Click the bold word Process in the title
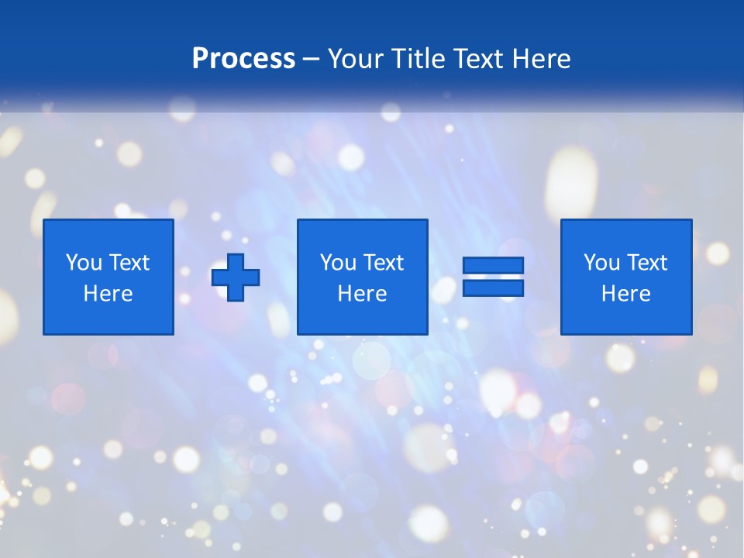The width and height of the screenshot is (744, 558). [x=243, y=59]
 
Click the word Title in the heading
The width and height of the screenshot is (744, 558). [x=421, y=59]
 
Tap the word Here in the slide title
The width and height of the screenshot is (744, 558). [x=541, y=59]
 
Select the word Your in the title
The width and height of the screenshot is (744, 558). [x=356, y=59]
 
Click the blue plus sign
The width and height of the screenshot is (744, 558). [x=236, y=277]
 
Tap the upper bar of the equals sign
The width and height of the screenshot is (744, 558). [x=493, y=266]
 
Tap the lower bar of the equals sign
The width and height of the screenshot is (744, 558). [x=493, y=288]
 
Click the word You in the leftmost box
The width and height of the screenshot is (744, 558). [x=84, y=263]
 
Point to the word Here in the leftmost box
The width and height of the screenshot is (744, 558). [x=108, y=294]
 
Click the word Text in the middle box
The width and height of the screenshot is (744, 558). [x=384, y=263]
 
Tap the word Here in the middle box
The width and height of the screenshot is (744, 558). [x=363, y=294]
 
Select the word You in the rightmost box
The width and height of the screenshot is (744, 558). [x=601, y=263]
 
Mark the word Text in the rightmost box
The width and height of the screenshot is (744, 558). [x=647, y=263]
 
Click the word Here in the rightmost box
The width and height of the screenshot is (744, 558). [x=626, y=294]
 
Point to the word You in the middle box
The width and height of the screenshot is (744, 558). [x=338, y=263]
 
